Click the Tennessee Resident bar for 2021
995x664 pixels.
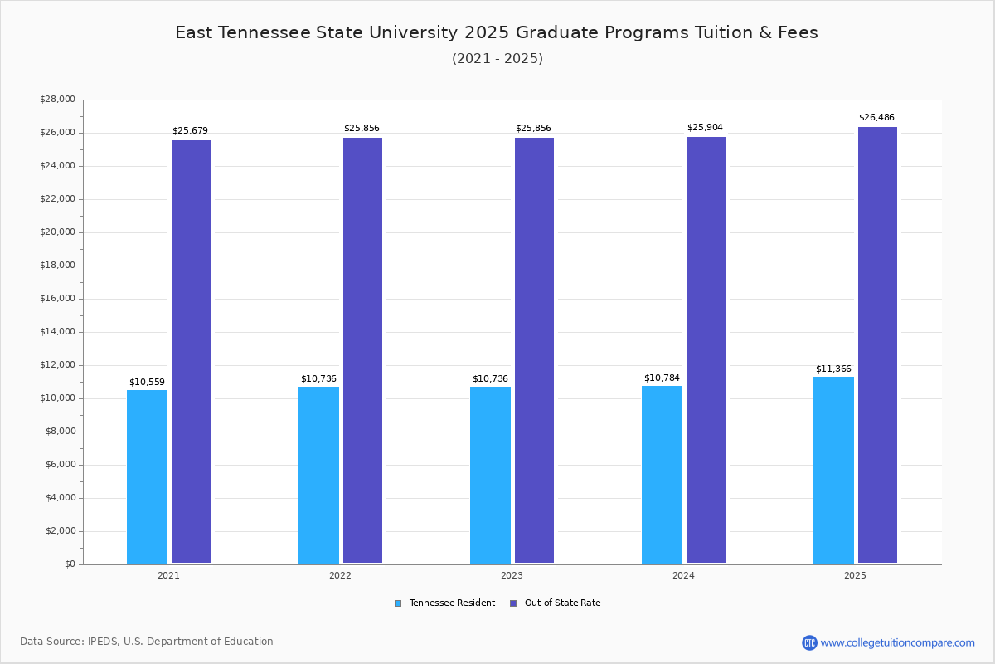[147, 476]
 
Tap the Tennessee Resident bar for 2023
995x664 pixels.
[490, 475]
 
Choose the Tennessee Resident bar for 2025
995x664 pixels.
[833, 470]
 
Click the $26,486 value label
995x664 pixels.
[876, 118]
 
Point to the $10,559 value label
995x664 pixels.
[147, 383]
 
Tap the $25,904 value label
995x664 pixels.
[705, 128]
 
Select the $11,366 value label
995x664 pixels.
[833, 369]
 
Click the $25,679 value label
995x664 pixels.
[190, 131]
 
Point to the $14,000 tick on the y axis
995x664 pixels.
[57, 332]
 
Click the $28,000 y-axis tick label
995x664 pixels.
[57, 100]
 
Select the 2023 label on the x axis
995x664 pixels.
[512, 575]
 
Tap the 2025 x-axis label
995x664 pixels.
[855, 575]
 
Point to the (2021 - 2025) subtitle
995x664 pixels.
[498, 59]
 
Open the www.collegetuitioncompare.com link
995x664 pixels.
[897, 642]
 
